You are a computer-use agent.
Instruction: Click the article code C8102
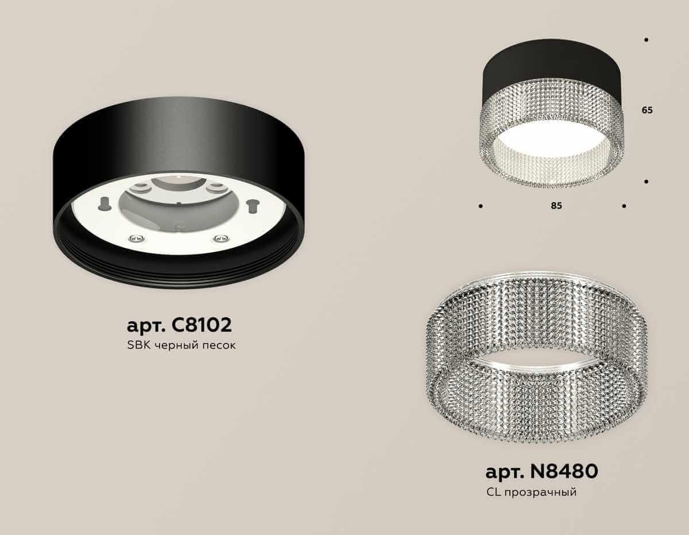tap(202, 325)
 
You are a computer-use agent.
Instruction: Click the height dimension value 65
tap(647, 111)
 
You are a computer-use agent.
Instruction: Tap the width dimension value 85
tap(556, 206)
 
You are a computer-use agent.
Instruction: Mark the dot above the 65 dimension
tap(647, 40)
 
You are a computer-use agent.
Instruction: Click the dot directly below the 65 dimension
tap(647, 181)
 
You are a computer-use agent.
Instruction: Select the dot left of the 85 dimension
tap(480, 205)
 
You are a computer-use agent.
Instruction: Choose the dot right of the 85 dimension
tap(624, 205)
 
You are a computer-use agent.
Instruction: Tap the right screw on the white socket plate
tap(218, 238)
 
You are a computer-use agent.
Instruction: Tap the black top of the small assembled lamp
tap(551, 75)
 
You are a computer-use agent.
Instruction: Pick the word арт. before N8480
tap(504, 472)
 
